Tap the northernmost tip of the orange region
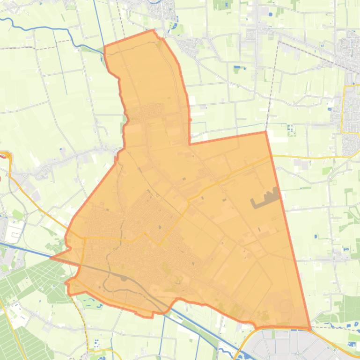coord(153,31)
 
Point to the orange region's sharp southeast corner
coord(309,328)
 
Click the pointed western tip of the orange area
coord(51,257)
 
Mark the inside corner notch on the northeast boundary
coord(190,144)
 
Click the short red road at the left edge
coord(6,155)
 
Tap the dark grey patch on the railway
coord(124,279)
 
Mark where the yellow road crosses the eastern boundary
coord(271,157)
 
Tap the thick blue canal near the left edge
coord(23,248)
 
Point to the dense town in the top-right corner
coord(349,47)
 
